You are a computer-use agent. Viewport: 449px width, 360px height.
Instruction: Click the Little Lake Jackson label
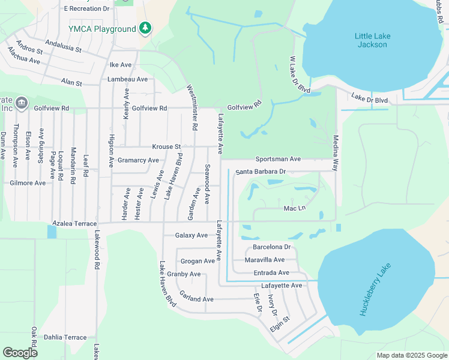click(372, 40)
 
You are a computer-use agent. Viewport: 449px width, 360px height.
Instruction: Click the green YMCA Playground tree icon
click(145, 28)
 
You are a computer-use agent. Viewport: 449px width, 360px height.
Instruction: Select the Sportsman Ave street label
click(277, 159)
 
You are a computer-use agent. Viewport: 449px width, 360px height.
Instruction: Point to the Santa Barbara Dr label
click(260, 172)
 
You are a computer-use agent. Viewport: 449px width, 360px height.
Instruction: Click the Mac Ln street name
click(295, 208)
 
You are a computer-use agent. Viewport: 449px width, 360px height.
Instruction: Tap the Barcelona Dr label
click(271, 247)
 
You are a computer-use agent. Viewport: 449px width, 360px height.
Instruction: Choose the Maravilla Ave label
click(265, 260)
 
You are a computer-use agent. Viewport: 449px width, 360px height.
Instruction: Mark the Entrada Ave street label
click(267, 272)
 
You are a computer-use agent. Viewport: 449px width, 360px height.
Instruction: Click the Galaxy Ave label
click(191, 235)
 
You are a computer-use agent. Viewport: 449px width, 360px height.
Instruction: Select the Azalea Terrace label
click(74, 223)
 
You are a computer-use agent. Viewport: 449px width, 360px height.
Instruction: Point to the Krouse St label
click(166, 146)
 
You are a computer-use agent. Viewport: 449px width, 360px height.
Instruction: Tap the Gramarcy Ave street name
click(138, 160)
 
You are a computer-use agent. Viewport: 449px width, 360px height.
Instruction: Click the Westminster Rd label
click(193, 107)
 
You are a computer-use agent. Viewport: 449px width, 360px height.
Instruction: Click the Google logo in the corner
click(20, 353)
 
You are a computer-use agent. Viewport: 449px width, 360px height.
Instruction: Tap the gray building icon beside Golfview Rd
click(21, 103)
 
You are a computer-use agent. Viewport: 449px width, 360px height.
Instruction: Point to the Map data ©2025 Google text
click(412, 355)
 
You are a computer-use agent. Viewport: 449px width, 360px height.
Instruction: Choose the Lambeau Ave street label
click(127, 79)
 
